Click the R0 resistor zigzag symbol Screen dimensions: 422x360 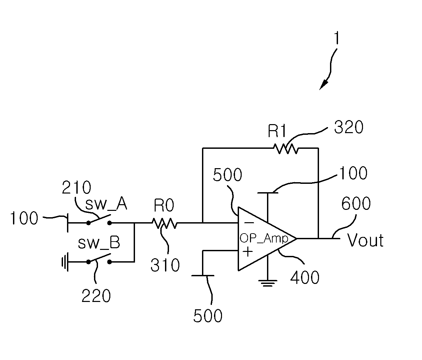point(165,223)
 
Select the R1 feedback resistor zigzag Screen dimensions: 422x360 point(286,148)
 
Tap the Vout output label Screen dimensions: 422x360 point(365,240)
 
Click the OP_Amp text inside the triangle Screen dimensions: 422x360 point(264,239)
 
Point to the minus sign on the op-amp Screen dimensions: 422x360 point(249,223)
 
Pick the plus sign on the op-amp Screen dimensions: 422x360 point(248,252)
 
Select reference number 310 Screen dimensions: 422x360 point(165,265)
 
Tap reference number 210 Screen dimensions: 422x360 point(76,187)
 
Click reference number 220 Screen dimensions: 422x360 point(96,296)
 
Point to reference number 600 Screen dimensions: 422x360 point(356,203)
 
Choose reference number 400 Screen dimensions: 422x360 point(305,277)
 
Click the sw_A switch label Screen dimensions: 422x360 point(106,204)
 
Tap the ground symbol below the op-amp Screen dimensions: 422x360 point(268,283)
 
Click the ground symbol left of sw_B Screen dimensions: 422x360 point(65,262)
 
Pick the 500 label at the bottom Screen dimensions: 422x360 point(208,316)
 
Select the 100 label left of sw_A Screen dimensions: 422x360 point(24,218)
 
